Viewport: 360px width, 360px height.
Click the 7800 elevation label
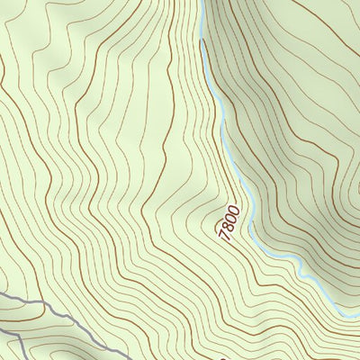coord(229,222)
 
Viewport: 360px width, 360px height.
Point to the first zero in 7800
coord(231,218)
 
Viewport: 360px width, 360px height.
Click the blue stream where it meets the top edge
coord(203,2)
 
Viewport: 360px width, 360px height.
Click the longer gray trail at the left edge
coord(3,295)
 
